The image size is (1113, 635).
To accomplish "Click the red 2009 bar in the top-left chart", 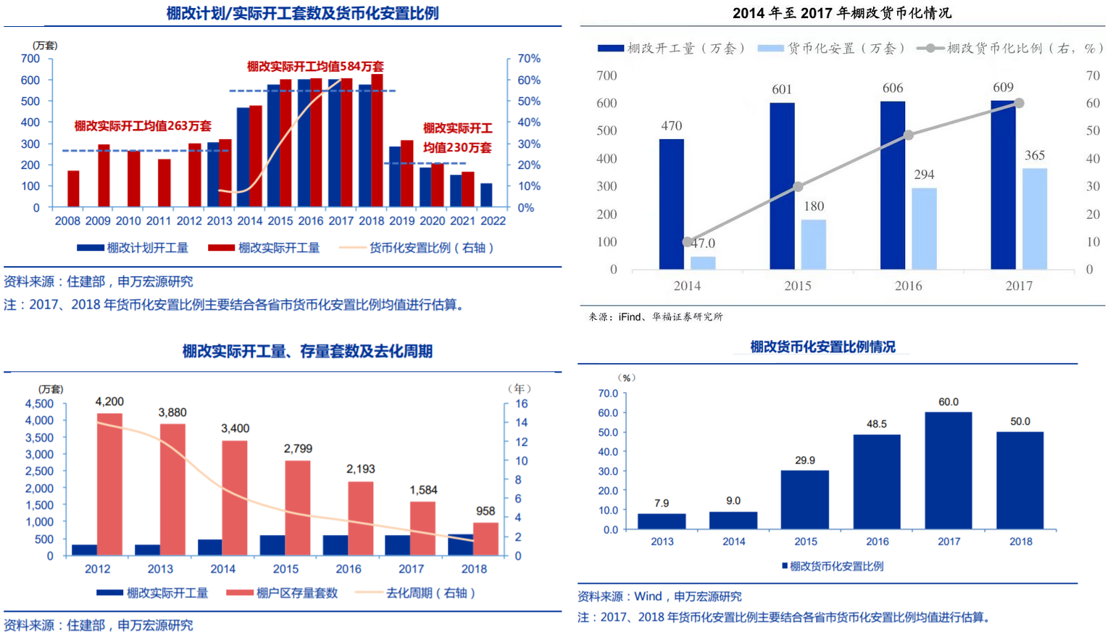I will pos(104,176).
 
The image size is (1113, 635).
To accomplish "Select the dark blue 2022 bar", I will pos(486,196).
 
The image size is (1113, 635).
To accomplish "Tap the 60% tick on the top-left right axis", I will pos(529,80).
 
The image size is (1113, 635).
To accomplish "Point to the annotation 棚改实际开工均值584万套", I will pos(315,67).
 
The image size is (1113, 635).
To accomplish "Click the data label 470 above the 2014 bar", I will pos(672,126).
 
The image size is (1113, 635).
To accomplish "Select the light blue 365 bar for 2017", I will pos(1035,219).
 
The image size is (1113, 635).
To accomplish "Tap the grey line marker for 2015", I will pos(798,187).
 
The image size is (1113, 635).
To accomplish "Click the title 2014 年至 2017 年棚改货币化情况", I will pos(841,13).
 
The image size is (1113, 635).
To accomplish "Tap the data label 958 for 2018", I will pos(485,511).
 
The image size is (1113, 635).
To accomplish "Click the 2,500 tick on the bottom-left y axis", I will pos(39,471).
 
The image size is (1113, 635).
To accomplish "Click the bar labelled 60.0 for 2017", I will pos(949,470).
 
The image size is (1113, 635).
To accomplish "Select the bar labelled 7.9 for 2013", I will pos(662,521).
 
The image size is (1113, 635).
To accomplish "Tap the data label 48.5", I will pos(877,424).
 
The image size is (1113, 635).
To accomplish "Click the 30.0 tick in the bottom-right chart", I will pos(608,471).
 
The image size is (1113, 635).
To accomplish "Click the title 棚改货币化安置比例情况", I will pos(822,347).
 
